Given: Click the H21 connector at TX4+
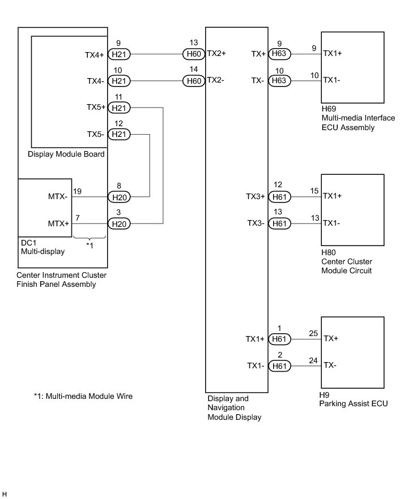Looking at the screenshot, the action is click(x=119, y=54).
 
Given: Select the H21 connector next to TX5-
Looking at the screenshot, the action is click(x=119, y=134).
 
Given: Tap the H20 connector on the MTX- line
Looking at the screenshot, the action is click(x=119, y=197).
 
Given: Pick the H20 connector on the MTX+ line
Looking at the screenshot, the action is click(x=119, y=224).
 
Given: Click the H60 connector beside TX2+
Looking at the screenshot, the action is click(x=194, y=54).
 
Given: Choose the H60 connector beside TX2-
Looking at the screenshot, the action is click(x=194, y=81).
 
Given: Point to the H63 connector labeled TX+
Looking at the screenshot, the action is click(x=279, y=53).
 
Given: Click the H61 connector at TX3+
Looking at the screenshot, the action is click(x=279, y=197).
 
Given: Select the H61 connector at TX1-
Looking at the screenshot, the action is click(x=279, y=366).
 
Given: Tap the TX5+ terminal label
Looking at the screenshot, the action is click(x=96, y=107).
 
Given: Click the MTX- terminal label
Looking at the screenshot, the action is click(x=58, y=196).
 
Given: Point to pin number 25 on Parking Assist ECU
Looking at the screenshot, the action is click(x=313, y=333).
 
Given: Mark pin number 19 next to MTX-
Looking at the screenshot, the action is click(x=77, y=191).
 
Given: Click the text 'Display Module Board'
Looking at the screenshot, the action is click(x=66, y=154).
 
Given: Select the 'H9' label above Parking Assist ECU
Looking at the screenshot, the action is click(x=324, y=395).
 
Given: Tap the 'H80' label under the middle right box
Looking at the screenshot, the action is click(x=329, y=253).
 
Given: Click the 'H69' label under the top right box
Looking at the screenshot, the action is click(x=329, y=109).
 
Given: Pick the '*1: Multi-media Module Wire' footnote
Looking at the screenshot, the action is click(x=83, y=396).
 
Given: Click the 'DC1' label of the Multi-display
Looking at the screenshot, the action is click(x=28, y=243).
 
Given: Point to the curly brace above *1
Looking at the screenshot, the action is click(x=90, y=238).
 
